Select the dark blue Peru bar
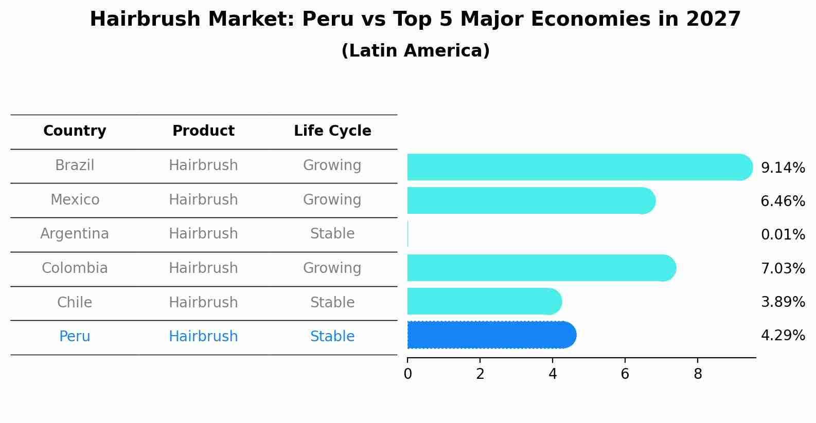pyautogui.click(x=491, y=335)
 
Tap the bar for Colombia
pyautogui.click(x=540, y=268)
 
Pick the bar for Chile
pyautogui.click(x=484, y=301)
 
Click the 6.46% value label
pyautogui.click(x=783, y=201)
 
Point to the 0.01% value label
pyautogui.click(x=783, y=235)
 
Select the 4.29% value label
pyautogui.click(x=783, y=336)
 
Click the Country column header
pyautogui.click(x=75, y=131)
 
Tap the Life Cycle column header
pyautogui.click(x=332, y=131)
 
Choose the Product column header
pyautogui.click(x=203, y=131)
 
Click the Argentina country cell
pyautogui.click(x=75, y=234)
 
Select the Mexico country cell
pyautogui.click(x=75, y=199)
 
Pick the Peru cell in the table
pyautogui.click(x=75, y=337)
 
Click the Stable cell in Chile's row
pyautogui.click(x=332, y=302)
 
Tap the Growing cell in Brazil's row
pyautogui.click(x=332, y=165)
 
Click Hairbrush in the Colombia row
pyautogui.click(x=203, y=268)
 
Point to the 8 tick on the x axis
pyautogui.click(x=698, y=374)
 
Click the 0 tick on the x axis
pyautogui.click(x=407, y=374)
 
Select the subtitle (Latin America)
pyautogui.click(x=415, y=51)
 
